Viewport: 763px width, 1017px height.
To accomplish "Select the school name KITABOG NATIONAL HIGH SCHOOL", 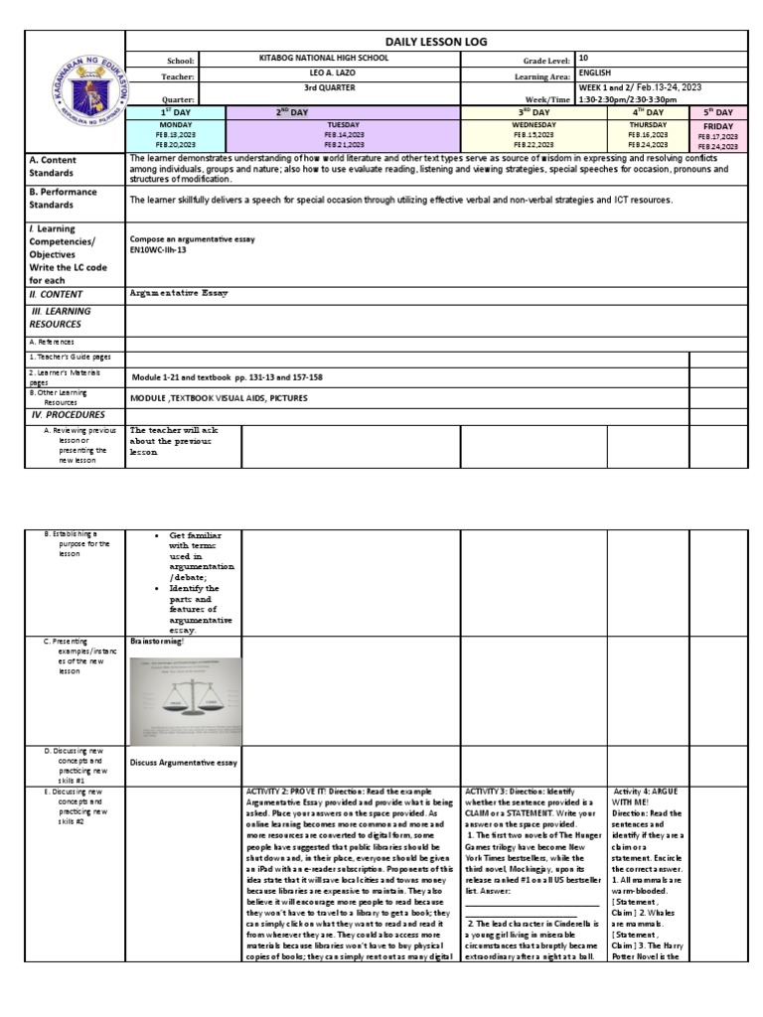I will [322, 59].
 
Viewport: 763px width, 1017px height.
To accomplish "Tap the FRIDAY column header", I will [718, 127].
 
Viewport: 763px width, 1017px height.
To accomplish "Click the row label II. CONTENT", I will [57, 294].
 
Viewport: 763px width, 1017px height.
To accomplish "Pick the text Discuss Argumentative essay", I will [184, 762].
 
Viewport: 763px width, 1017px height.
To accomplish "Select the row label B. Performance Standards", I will [64, 198].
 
